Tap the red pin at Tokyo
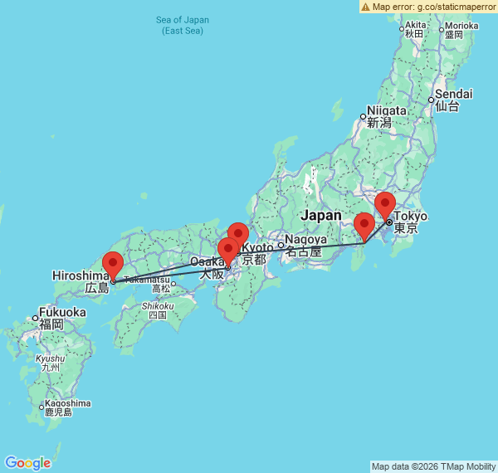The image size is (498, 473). click(384, 205)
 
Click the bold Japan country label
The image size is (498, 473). click(320, 216)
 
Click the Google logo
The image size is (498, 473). click(27, 462)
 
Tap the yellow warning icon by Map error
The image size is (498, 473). click(365, 7)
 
